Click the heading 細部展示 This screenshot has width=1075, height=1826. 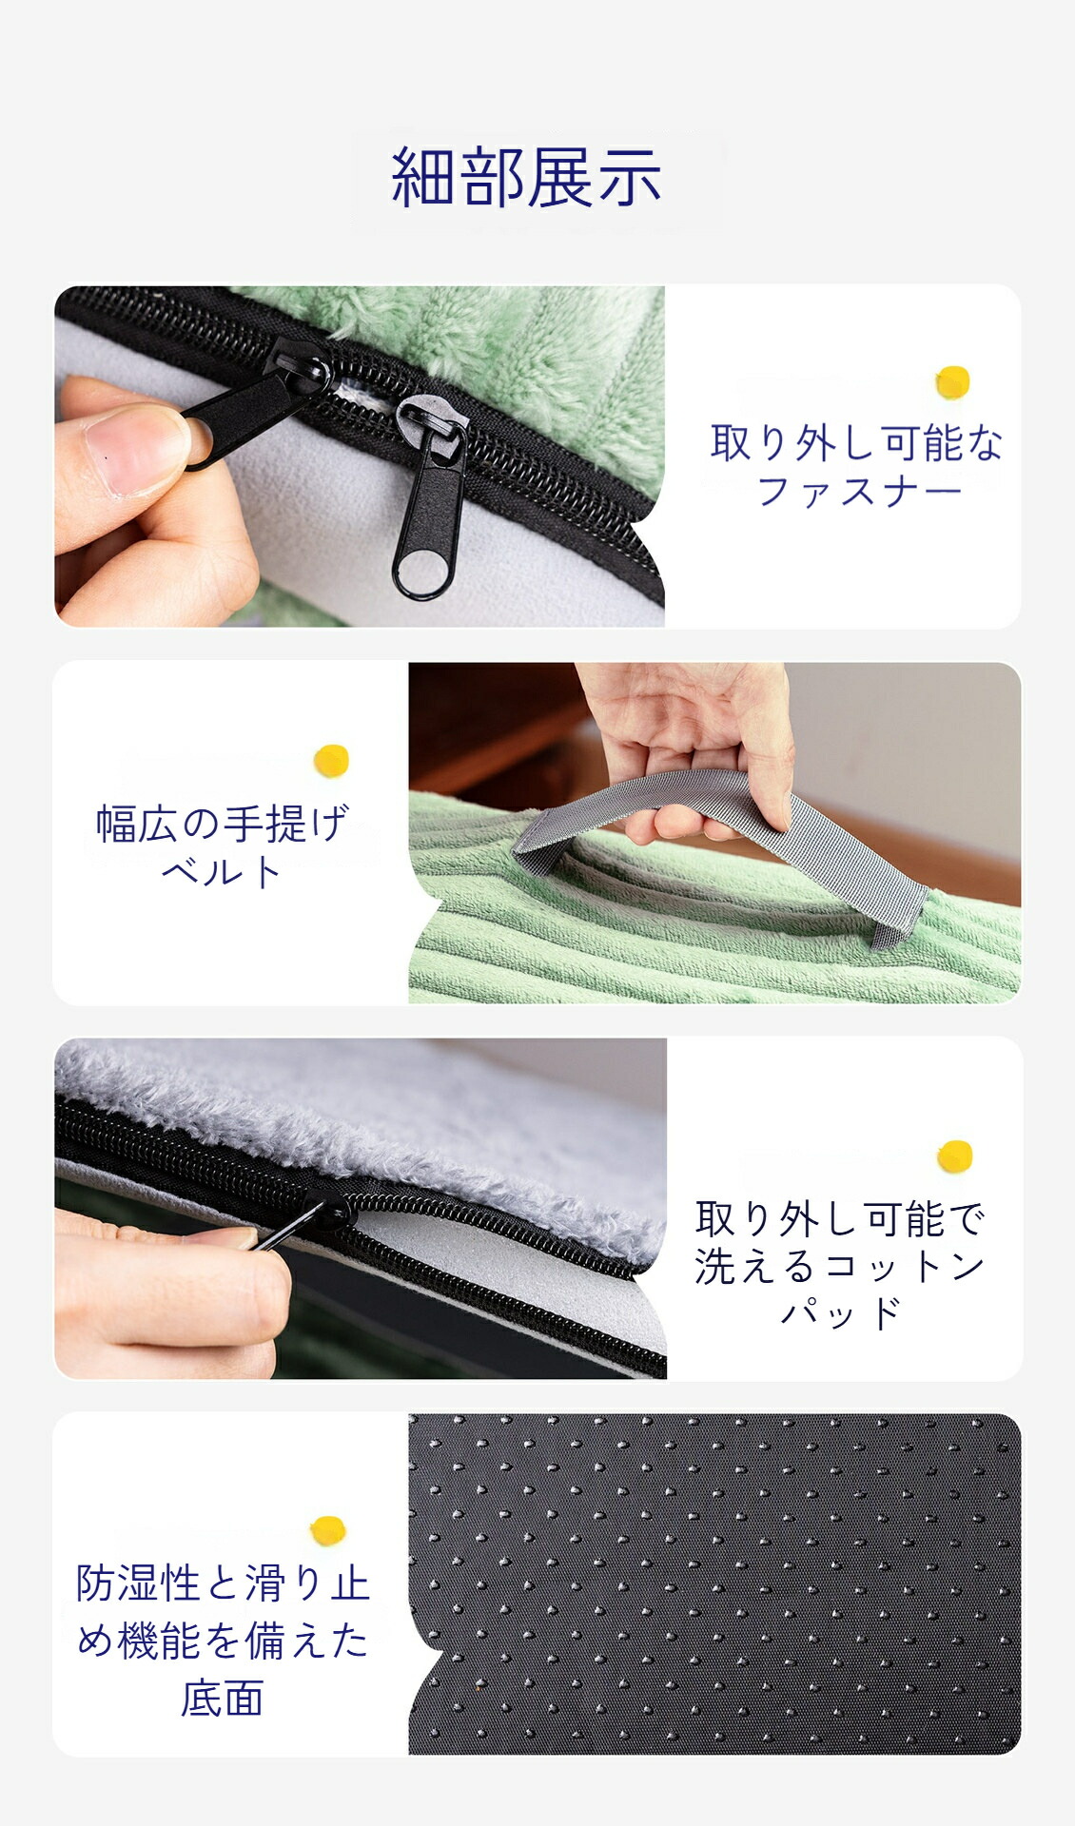[x=526, y=178]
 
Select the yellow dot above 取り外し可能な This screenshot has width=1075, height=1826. [x=952, y=382]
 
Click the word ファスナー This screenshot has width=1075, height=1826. [x=858, y=492]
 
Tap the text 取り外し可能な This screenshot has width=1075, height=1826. [x=857, y=443]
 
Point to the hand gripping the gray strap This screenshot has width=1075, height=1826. [x=690, y=742]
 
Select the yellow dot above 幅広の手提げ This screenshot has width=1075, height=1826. [x=331, y=761]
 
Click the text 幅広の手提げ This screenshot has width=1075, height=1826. [x=223, y=824]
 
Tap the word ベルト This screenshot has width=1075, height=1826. [x=222, y=871]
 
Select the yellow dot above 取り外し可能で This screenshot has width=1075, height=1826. [x=955, y=1156]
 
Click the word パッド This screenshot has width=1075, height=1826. [x=840, y=1312]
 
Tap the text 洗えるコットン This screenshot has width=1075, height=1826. [x=839, y=1266]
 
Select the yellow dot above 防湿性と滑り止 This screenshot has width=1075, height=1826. [x=328, y=1530]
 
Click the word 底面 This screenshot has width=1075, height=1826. [x=222, y=1699]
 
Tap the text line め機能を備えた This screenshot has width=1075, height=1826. [x=222, y=1641]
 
